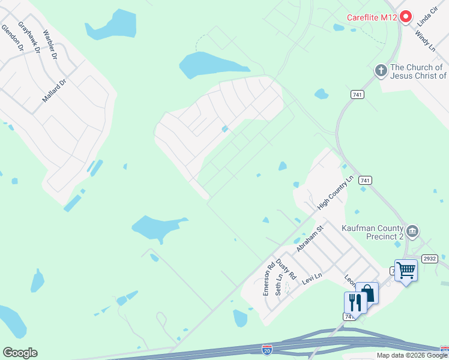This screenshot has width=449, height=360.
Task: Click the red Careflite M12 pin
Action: click(x=405, y=17)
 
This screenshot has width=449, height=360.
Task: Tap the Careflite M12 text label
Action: click(x=372, y=17)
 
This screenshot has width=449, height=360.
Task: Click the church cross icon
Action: click(x=381, y=71)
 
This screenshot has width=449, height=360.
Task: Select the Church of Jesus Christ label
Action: click(x=417, y=71)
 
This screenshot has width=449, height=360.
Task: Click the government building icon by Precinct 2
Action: click(x=412, y=232)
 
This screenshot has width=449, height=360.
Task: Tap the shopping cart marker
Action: click(x=406, y=271)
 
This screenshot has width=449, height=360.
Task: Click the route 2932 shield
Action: click(x=429, y=258)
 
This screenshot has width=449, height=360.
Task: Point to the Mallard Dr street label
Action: click(x=57, y=87)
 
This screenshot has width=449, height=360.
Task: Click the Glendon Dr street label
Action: click(x=11, y=37)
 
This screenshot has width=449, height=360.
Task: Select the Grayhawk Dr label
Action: click(x=29, y=38)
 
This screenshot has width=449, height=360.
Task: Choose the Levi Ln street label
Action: click(x=312, y=277)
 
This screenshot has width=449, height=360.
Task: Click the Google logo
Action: click(x=20, y=353)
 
